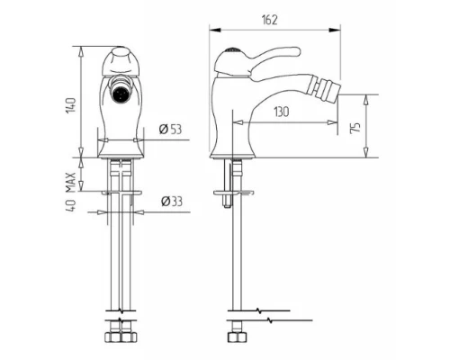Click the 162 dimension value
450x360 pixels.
270,20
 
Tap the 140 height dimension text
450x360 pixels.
71,105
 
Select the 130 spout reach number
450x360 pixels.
282,112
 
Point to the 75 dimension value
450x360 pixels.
355,128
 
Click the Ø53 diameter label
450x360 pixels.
170,130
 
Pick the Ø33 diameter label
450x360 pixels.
171,202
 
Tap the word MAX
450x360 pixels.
70,183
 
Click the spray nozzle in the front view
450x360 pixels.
121,93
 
